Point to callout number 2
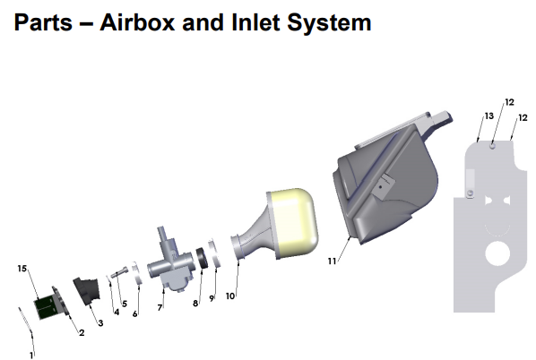coord(82,333)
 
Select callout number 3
coord(100,322)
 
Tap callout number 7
coord(160,307)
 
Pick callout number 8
coord(195,304)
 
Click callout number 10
coord(230,295)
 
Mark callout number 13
coord(489,116)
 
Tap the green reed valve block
coord(44,305)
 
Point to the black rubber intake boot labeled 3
coord(92,292)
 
